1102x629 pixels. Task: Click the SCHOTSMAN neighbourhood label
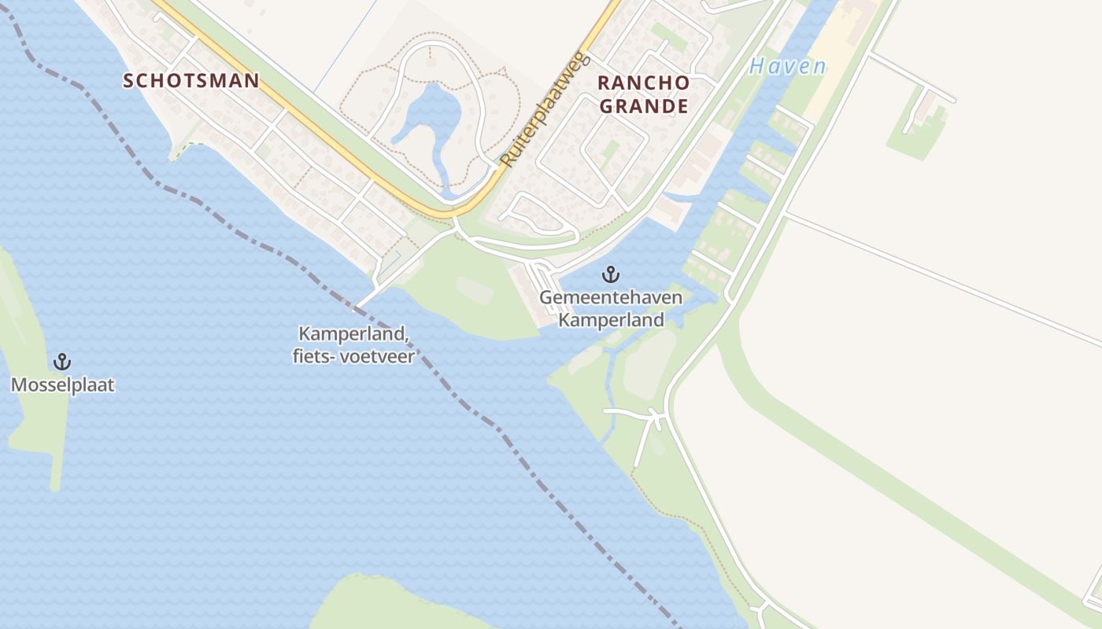click(x=191, y=80)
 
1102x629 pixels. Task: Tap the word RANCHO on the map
click(x=643, y=83)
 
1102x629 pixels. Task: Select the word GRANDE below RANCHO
click(x=643, y=106)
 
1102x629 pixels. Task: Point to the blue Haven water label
click(x=787, y=66)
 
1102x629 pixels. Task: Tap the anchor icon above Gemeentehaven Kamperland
click(x=610, y=274)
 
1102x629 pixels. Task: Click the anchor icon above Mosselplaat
click(x=61, y=362)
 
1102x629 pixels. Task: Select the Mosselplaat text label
click(x=62, y=385)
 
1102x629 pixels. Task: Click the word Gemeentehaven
click(x=610, y=299)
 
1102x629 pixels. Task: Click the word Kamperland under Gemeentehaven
click(x=610, y=320)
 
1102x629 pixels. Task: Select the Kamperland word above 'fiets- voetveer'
click(x=353, y=334)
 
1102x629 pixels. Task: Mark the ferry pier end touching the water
click(x=359, y=307)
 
